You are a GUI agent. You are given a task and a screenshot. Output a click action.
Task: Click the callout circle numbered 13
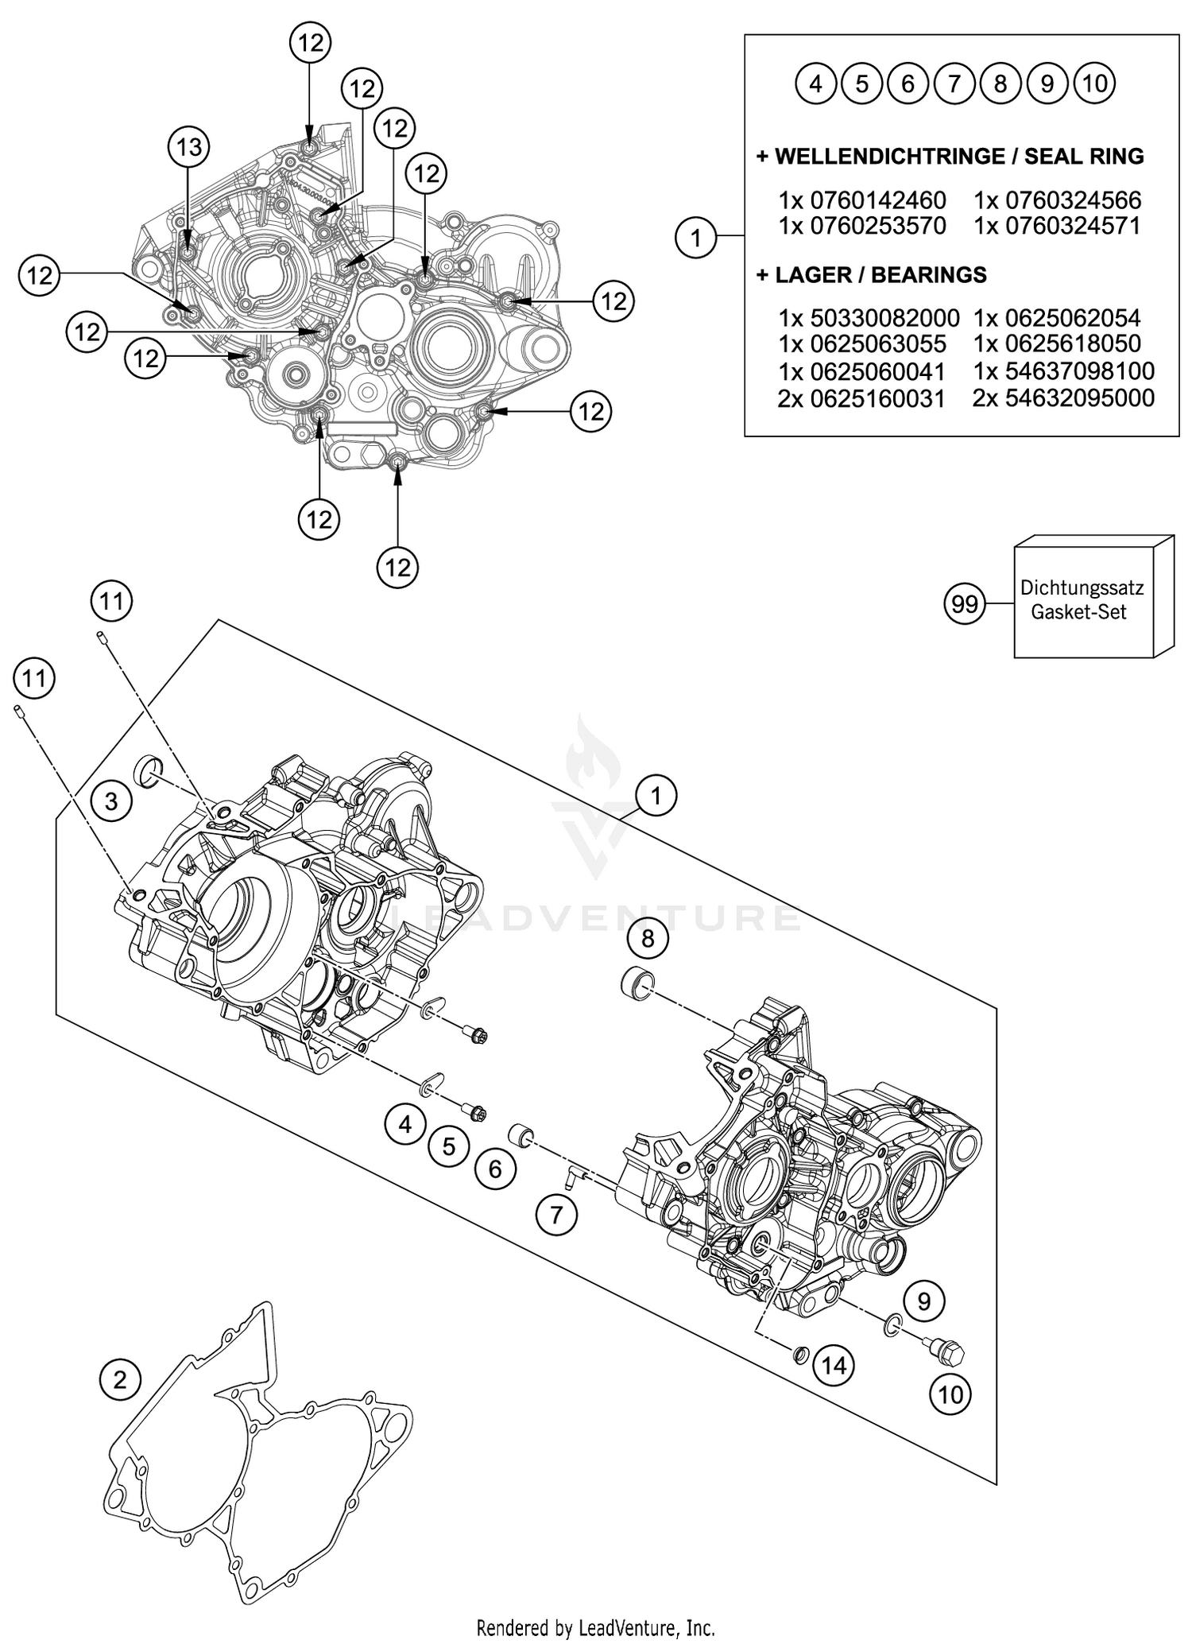tap(188, 147)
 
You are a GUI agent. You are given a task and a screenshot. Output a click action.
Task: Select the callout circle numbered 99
tap(964, 605)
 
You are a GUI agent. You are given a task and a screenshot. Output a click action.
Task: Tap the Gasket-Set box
tap(1082, 600)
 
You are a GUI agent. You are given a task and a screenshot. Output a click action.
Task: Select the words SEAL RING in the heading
tap(1084, 157)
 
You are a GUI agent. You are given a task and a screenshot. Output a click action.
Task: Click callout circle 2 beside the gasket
tap(120, 1379)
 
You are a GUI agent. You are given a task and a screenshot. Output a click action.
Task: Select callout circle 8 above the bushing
tap(648, 939)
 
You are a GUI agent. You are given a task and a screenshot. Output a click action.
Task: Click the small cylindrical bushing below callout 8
tap(635, 984)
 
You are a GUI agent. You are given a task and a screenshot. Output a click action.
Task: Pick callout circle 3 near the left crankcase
tap(111, 801)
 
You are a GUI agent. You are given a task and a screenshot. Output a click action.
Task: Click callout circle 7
tap(556, 1215)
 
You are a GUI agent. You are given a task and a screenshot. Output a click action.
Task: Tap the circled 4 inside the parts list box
tap(816, 83)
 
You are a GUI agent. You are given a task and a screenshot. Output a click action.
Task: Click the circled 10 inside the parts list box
tap(1094, 83)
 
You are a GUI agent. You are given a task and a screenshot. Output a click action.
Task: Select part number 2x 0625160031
tap(861, 398)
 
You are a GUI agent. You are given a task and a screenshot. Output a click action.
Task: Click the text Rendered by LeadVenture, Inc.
tap(595, 1627)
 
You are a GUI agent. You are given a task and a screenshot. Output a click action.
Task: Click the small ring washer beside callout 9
tap(892, 1324)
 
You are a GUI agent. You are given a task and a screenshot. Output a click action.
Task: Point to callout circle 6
tap(495, 1169)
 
